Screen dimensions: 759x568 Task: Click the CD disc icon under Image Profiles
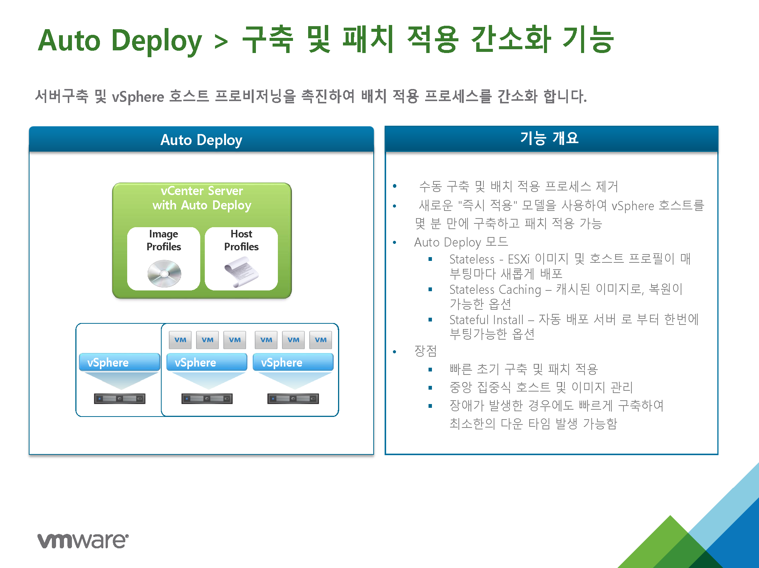[164, 273]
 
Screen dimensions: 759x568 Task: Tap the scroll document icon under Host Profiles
[241, 272]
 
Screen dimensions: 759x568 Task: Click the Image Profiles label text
[164, 240]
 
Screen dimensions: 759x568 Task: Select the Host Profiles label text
[241, 240]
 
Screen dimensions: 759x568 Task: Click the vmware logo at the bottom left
[83, 540]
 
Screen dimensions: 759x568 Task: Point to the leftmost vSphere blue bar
[120, 362]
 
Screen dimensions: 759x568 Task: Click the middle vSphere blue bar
[207, 362]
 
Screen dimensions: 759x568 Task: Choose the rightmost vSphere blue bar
[293, 362]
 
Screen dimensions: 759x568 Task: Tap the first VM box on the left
[180, 340]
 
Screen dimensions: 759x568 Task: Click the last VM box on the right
[321, 340]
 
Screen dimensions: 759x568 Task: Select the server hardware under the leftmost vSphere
[120, 399]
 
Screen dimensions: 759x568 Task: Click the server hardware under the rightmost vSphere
[293, 399]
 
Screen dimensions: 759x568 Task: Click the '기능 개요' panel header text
[549, 138]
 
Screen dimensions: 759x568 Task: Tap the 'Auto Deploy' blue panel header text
[201, 140]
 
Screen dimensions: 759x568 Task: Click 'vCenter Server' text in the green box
[202, 190]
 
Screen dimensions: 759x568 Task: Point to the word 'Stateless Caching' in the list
[495, 290]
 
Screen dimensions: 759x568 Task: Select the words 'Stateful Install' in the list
[486, 320]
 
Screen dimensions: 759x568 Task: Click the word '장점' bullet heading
[425, 351]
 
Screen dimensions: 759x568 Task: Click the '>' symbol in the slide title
[221, 41]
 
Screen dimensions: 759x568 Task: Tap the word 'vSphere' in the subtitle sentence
[138, 97]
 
